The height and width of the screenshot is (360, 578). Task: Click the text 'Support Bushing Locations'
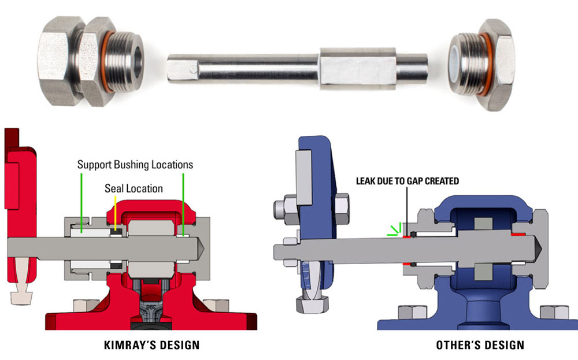click(x=135, y=165)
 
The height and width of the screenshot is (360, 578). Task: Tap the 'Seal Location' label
click(x=134, y=188)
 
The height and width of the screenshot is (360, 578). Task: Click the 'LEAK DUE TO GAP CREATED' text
click(x=407, y=181)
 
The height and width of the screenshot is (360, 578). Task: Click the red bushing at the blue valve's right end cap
click(x=518, y=235)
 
